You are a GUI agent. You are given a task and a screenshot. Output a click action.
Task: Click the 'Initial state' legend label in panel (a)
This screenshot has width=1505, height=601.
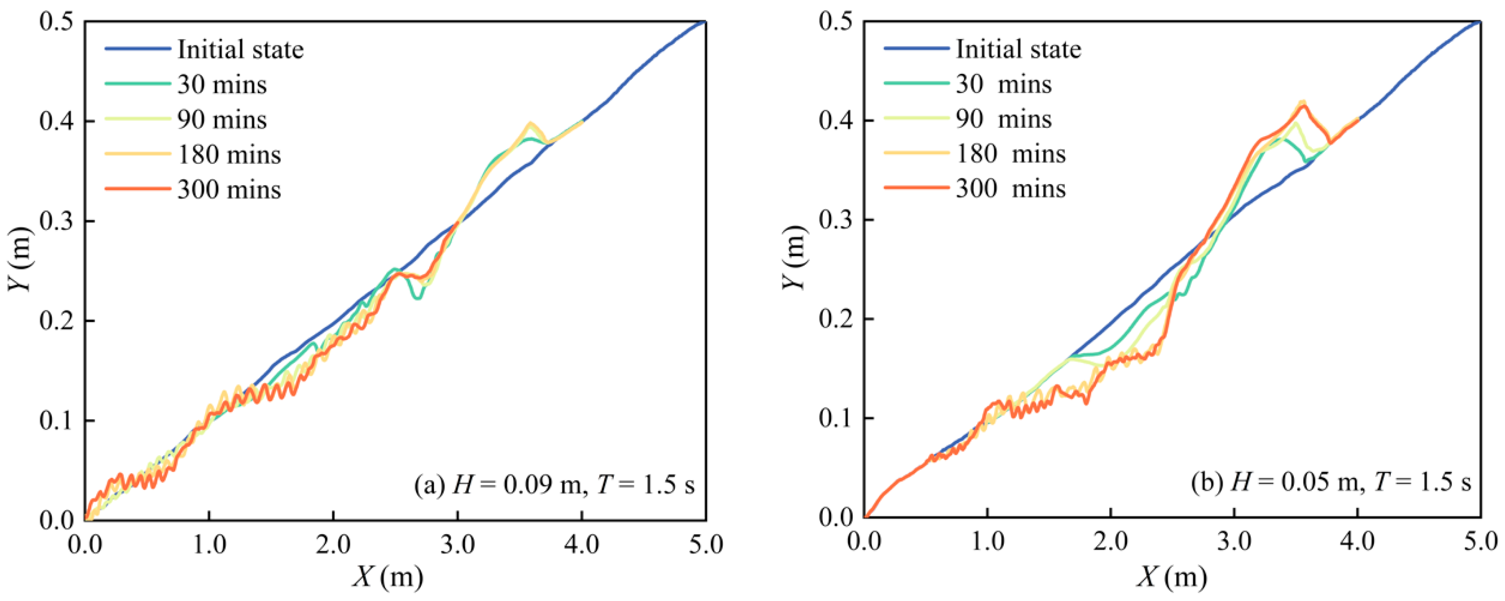(241, 50)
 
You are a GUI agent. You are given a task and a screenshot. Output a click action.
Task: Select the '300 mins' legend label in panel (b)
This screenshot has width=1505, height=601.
(1011, 188)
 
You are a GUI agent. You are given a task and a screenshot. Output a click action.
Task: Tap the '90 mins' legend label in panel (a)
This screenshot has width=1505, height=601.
(222, 120)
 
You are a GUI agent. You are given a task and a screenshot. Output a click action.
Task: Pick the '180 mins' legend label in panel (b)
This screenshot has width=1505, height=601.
(1011, 154)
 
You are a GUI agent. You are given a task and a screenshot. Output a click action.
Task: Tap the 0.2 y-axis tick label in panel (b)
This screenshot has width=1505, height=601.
(836, 319)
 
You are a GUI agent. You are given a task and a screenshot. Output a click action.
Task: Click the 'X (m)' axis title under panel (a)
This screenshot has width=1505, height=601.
(388, 578)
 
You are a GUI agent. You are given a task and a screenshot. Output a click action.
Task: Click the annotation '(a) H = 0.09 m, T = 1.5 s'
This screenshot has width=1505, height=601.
(554, 485)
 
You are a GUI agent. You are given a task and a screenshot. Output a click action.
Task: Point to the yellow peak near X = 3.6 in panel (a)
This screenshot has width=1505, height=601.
(530, 123)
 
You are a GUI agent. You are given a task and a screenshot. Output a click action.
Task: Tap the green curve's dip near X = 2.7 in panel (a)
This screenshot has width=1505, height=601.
(418, 298)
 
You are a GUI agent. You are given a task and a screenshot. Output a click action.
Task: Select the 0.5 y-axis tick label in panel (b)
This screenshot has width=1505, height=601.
(836, 22)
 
